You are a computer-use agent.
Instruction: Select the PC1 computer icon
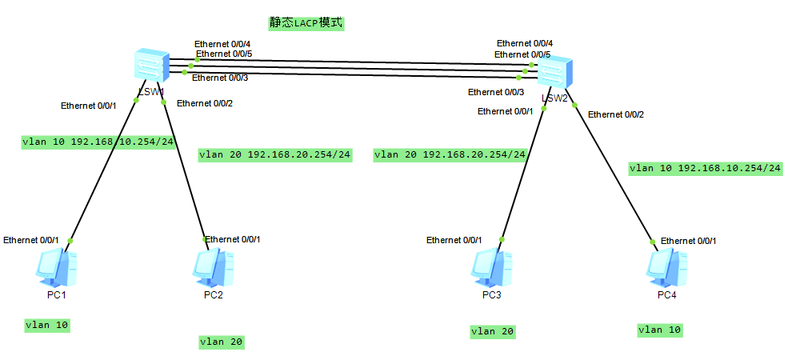click(x=56, y=268)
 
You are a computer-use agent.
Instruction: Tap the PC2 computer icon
click(x=213, y=268)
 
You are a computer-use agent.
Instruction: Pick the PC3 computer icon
click(x=491, y=268)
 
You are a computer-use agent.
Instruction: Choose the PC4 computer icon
click(x=666, y=268)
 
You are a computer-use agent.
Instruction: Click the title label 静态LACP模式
click(x=306, y=22)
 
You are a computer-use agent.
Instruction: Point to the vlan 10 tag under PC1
click(x=47, y=325)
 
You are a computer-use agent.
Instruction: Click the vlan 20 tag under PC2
click(x=222, y=342)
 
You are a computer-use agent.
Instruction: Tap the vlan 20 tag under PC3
click(x=493, y=331)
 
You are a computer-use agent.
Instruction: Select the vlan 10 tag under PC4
click(x=660, y=330)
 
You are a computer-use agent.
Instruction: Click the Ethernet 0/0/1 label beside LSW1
click(x=89, y=106)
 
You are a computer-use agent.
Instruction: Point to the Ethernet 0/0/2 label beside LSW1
click(x=205, y=103)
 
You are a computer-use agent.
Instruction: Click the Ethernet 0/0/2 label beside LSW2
click(x=616, y=114)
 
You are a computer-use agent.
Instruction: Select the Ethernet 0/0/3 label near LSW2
click(x=496, y=92)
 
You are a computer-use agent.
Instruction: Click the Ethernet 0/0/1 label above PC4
click(x=688, y=241)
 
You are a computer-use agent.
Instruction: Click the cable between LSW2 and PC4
click(x=616, y=176)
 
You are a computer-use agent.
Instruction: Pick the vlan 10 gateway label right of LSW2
click(x=705, y=168)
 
